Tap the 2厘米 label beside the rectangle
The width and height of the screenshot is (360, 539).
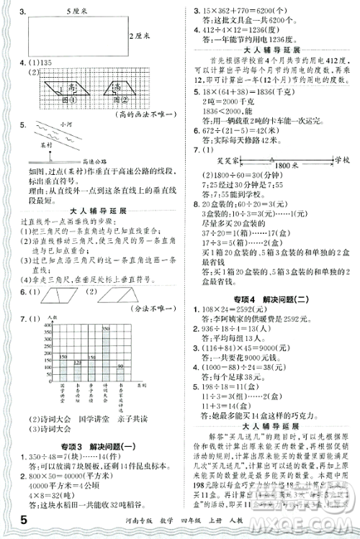tap(140, 35)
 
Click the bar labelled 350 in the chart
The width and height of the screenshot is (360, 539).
tap(106, 366)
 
